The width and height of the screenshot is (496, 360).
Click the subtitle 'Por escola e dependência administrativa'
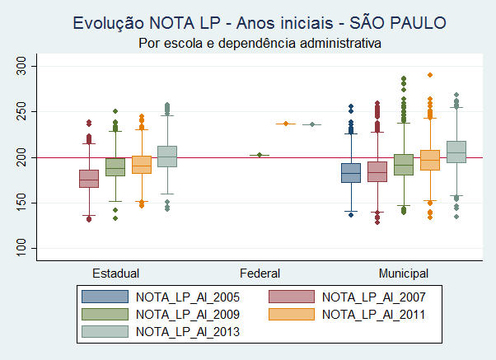click(260, 42)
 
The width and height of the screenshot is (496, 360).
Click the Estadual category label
click(115, 272)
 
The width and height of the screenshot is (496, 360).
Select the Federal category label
click(260, 272)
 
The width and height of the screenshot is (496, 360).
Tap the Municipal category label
click(403, 272)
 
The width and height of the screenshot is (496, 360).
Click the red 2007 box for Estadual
click(89, 178)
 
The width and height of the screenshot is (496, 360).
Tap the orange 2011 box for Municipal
click(430, 160)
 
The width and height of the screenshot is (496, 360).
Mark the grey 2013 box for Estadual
click(168, 156)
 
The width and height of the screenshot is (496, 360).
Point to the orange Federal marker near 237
click(285, 124)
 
